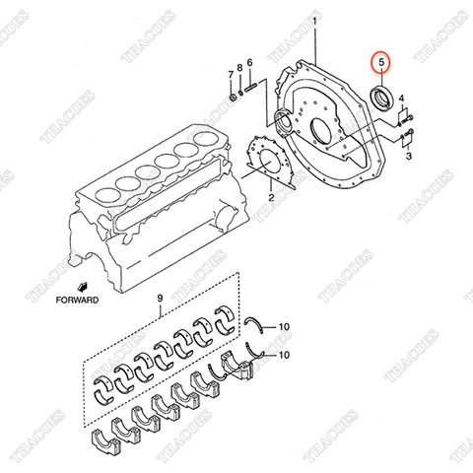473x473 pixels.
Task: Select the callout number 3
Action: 409,156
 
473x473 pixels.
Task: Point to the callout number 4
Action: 415,99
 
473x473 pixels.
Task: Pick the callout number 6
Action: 250,63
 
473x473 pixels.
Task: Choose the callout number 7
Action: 232,75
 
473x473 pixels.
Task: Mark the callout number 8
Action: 240,68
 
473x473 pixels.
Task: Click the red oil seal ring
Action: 379,97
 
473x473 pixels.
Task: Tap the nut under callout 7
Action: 232,98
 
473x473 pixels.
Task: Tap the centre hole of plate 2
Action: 266,166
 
